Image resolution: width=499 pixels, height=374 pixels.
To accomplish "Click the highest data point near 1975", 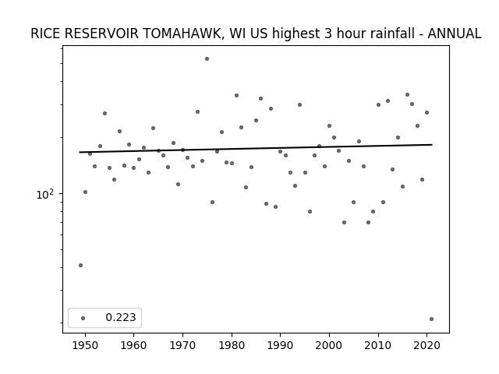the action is coord(207,59).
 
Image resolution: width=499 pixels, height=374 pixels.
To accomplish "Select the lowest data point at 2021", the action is coord(431,319).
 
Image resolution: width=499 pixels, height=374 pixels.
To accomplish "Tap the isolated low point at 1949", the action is coord(80,265).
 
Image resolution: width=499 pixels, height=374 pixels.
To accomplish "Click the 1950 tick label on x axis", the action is coord(85,345).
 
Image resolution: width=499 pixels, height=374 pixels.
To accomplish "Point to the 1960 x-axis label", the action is coord(133,345).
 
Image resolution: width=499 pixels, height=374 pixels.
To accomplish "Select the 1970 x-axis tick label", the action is coord(182,345).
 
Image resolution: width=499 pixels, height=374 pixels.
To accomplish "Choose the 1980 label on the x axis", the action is coord(232,345).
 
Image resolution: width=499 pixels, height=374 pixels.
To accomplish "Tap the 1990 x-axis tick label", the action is coord(281,345).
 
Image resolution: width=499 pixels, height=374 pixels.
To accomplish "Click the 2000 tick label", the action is coord(329,345).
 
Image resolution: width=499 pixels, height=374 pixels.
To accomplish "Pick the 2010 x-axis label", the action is coord(378,345).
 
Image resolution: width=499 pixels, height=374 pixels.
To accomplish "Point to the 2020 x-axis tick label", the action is coord(427,345).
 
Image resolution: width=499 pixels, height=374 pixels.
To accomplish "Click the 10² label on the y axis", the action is coord(45,194).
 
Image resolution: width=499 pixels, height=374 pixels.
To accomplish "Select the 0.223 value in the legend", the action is coord(121,317).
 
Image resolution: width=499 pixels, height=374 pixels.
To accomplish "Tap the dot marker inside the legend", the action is coord(83,318).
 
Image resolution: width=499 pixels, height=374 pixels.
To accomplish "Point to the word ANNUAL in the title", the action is coord(454,34).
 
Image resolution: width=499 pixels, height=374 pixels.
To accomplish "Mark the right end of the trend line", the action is coord(432,145).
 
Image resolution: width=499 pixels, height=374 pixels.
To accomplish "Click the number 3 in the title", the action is coord(328,34).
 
